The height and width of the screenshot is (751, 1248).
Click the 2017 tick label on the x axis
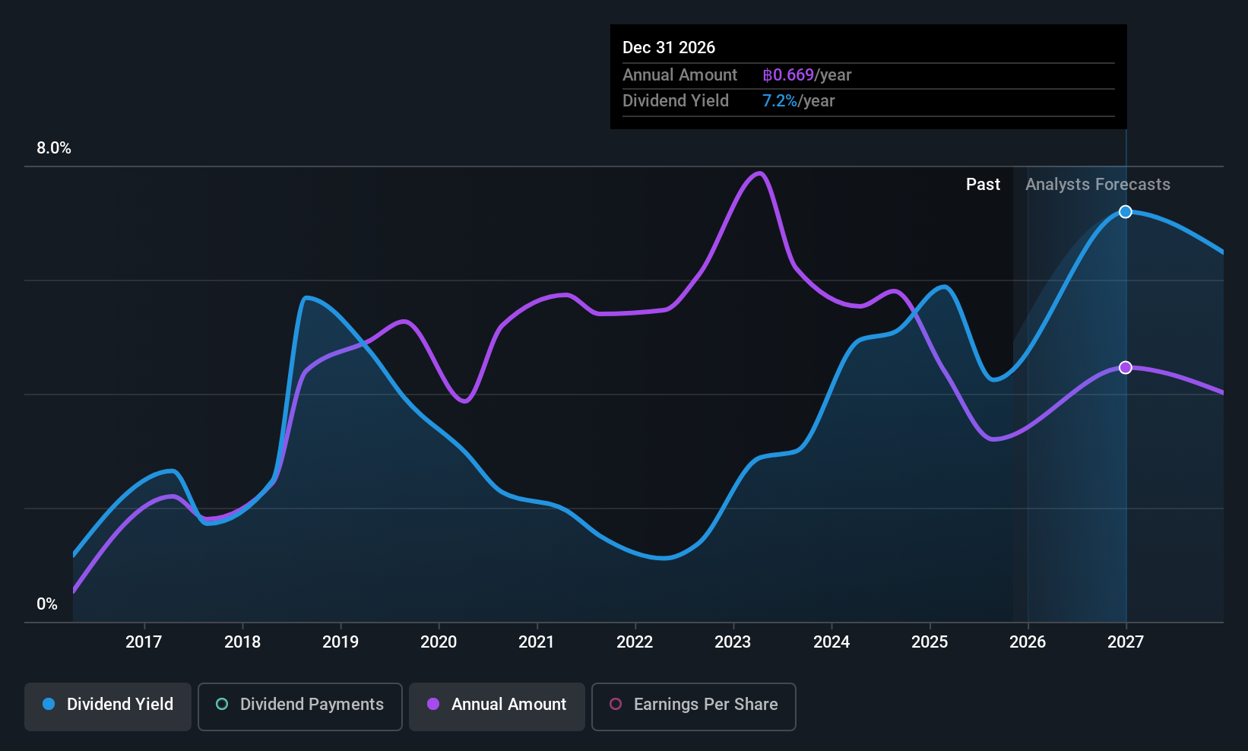(144, 642)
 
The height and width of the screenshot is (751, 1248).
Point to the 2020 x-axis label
(439, 642)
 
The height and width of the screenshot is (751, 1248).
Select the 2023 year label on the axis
(733, 642)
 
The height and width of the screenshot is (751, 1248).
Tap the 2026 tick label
(1028, 642)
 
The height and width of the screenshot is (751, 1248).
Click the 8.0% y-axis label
(54, 148)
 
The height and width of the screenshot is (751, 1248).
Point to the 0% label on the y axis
(47, 604)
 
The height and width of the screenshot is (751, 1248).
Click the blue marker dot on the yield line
(1126, 212)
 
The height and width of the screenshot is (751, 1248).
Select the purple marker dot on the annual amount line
(1126, 368)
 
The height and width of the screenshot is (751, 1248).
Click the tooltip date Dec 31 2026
(669, 48)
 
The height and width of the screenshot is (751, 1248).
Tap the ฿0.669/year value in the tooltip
(806, 75)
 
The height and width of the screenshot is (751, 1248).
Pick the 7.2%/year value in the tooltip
(798, 101)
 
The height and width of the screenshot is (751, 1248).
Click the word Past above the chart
(983, 185)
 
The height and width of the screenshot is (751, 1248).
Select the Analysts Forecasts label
(1098, 185)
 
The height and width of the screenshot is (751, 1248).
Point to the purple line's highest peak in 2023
(759, 173)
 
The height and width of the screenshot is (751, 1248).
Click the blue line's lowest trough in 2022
(664, 558)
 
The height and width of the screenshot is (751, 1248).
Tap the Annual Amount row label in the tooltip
(679, 75)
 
